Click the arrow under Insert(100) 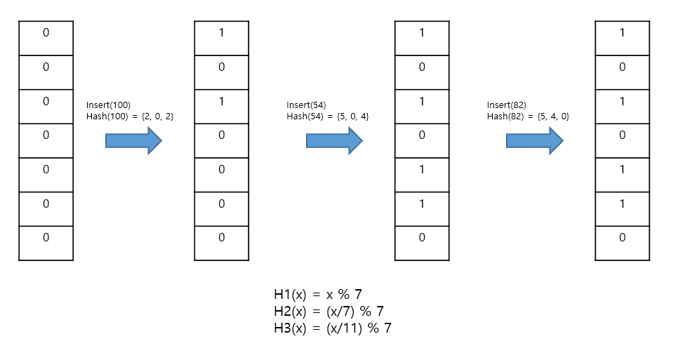pos(133,141)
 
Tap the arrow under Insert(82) pos(534,141)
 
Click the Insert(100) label pos(108,105)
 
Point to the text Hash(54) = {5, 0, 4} pos(328,116)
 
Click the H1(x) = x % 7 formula pos(317,295)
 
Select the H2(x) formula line pos(328,311)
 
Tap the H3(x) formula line pos(332,328)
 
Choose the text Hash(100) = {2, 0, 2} pos(129,116)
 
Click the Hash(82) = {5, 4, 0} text pos(528,116)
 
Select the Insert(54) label pos(307,105)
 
